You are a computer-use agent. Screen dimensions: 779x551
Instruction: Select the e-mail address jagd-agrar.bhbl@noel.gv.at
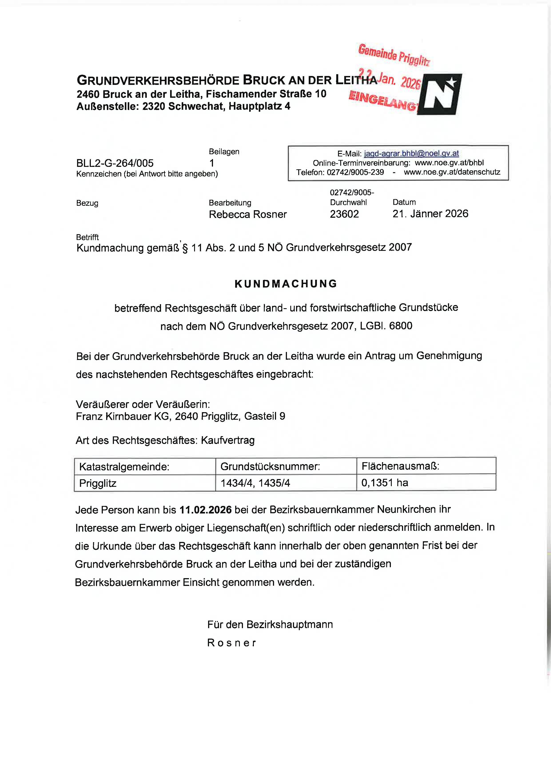[x=411, y=154]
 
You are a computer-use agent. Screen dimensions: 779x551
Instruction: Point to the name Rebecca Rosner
[x=248, y=214]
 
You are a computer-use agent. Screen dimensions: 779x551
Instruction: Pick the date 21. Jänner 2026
[x=430, y=214]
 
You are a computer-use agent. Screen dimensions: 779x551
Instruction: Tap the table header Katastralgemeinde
[x=124, y=467]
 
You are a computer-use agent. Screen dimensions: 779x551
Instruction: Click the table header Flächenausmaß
[x=400, y=466]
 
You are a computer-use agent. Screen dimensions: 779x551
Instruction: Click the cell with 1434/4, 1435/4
[x=255, y=483]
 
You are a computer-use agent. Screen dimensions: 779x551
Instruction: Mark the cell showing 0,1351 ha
[x=385, y=483]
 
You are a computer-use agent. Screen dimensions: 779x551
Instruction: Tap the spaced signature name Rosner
[x=232, y=643]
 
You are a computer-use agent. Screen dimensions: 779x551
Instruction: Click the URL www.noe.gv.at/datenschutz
[x=452, y=172]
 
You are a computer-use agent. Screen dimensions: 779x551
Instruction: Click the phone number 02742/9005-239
[x=355, y=172]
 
